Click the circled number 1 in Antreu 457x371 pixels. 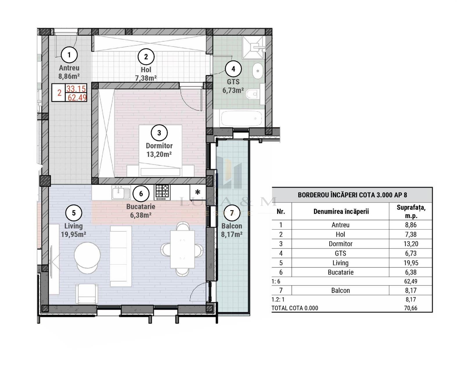[69, 55]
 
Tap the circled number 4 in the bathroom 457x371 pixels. [233, 69]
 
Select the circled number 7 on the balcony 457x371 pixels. [232, 213]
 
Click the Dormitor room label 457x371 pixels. [159, 146]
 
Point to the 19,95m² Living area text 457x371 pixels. [73, 234]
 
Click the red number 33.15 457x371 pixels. [76, 88]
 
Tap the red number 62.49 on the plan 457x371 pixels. [77, 97]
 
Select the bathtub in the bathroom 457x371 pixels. [242, 118]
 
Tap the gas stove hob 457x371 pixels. [162, 192]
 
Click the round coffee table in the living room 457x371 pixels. [87, 255]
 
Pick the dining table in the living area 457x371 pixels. [182, 249]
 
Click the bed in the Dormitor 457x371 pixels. [160, 151]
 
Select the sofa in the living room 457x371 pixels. [120, 256]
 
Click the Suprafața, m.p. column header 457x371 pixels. [411, 211]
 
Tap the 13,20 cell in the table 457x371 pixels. [411, 244]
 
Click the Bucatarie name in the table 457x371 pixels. [341, 272]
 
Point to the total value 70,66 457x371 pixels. [411, 308]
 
